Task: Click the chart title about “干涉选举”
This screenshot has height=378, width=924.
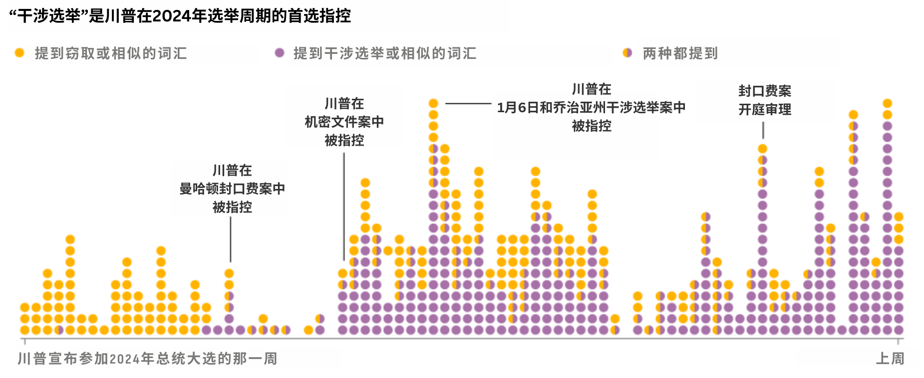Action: click(x=180, y=16)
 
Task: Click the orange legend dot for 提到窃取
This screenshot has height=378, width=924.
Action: click(x=19, y=53)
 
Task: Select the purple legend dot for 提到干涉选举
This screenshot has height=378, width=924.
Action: click(x=280, y=53)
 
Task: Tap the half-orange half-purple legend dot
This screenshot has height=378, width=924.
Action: click(x=627, y=53)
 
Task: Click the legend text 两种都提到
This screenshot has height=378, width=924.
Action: click(x=680, y=53)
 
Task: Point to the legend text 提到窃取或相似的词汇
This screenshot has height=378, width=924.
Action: click(x=111, y=53)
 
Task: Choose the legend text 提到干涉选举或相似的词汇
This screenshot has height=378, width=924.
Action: click(x=385, y=53)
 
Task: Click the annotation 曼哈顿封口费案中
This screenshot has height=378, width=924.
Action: click(x=232, y=189)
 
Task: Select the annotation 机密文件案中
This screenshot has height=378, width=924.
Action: click(x=344, y=122)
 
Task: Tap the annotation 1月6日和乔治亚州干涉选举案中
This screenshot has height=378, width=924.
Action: click(x=591, y=107)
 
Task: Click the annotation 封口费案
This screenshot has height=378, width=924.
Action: click(x=765, y=91)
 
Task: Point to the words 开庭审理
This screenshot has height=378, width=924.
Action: click(x=765, y=109)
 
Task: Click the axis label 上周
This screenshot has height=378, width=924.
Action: click(x=890, y=358)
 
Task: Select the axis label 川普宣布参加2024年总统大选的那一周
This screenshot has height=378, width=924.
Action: click(x=147, y=358)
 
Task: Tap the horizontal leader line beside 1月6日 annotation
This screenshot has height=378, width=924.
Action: click(x=468, y=104)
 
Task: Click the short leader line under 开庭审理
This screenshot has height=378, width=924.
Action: click(x=763, y=130)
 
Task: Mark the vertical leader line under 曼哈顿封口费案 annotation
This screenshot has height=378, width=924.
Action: click(x=231, y=239)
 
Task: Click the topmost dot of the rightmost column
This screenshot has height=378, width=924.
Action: click(x=899, y=216)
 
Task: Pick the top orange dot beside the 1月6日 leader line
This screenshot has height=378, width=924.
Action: click(x=433, y=103)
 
